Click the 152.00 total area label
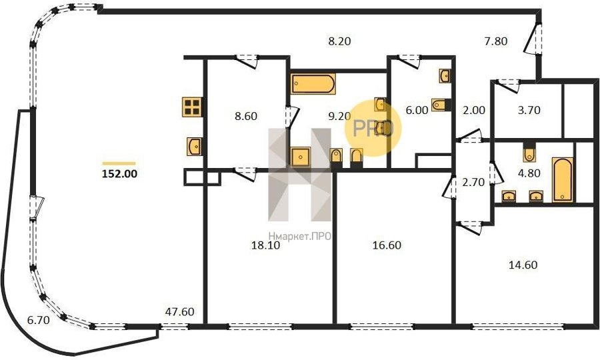click(x=119, y=174)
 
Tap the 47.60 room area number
click(x=179, y=312)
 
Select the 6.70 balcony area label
click(x=38, y=320)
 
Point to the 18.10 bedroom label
click(x=265, y=245)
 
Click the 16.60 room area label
click(x=387, y=245)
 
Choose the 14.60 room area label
click(x=523, y=265)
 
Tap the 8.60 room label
click(x=245, y=116)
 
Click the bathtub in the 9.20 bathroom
click(x=313, y=84)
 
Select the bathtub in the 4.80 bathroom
click(x=563, y=179)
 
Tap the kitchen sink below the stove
click(x=195, y=147)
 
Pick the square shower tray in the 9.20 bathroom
click(x=301, y=157)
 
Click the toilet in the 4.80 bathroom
click(x=529, y=152)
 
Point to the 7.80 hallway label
click(x=496, y=41)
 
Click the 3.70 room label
click(x=529, y=110)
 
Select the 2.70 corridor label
click(x=474, y=182)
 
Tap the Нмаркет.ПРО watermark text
click(x=299, y=237)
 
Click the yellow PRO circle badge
click(x=373, y=128)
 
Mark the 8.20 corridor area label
click(x=339, y=41)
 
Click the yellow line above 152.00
click(x=119, y=163)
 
